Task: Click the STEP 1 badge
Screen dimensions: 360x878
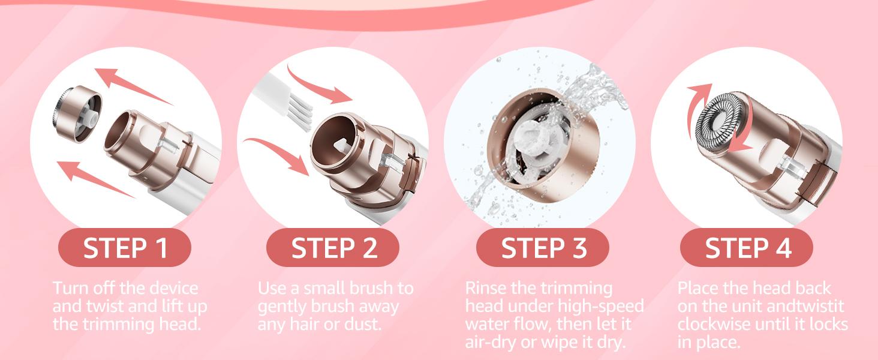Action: [125, 248]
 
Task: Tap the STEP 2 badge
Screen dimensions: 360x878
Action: [333, 248]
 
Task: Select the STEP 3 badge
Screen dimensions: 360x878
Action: [542, 248]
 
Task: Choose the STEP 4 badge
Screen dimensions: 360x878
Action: [747, 248]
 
